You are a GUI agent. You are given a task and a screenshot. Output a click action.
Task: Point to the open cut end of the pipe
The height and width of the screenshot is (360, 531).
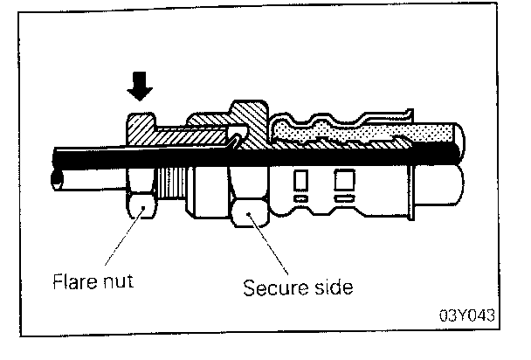click(x=58, y=179)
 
